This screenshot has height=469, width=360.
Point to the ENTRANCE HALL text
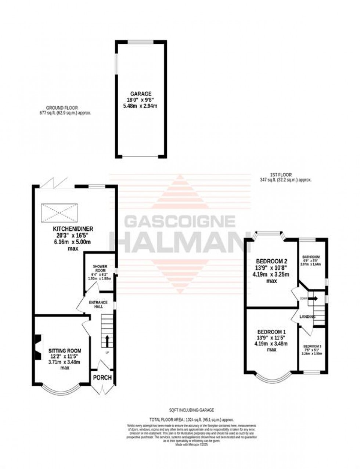point(98,304)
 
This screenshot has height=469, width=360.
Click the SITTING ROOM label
point(65,351)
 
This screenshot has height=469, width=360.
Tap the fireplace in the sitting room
point(38,347)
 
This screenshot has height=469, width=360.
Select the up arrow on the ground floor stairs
point(107,340)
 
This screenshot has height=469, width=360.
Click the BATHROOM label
point(311,257)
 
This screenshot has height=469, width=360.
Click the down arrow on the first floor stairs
point(313,299)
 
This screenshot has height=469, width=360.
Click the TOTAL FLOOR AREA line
point(191,419)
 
